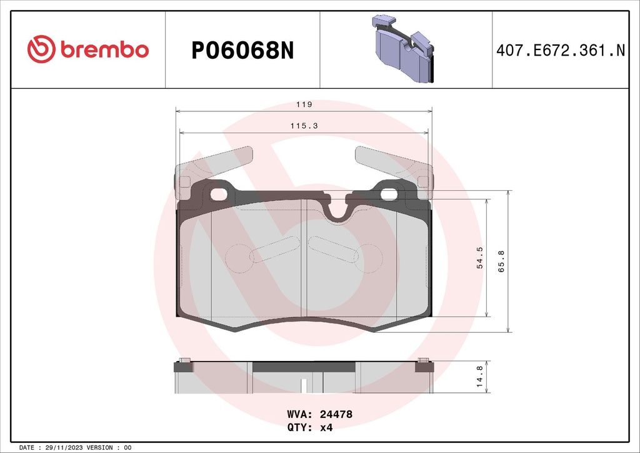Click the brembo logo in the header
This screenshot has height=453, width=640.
88,49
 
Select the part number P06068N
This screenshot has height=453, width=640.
242,51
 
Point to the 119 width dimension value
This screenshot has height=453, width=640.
304,104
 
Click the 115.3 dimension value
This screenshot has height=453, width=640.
304,126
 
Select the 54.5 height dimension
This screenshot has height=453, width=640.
480,258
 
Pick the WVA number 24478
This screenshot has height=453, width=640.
336,414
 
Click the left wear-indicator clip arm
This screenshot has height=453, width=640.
216,162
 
